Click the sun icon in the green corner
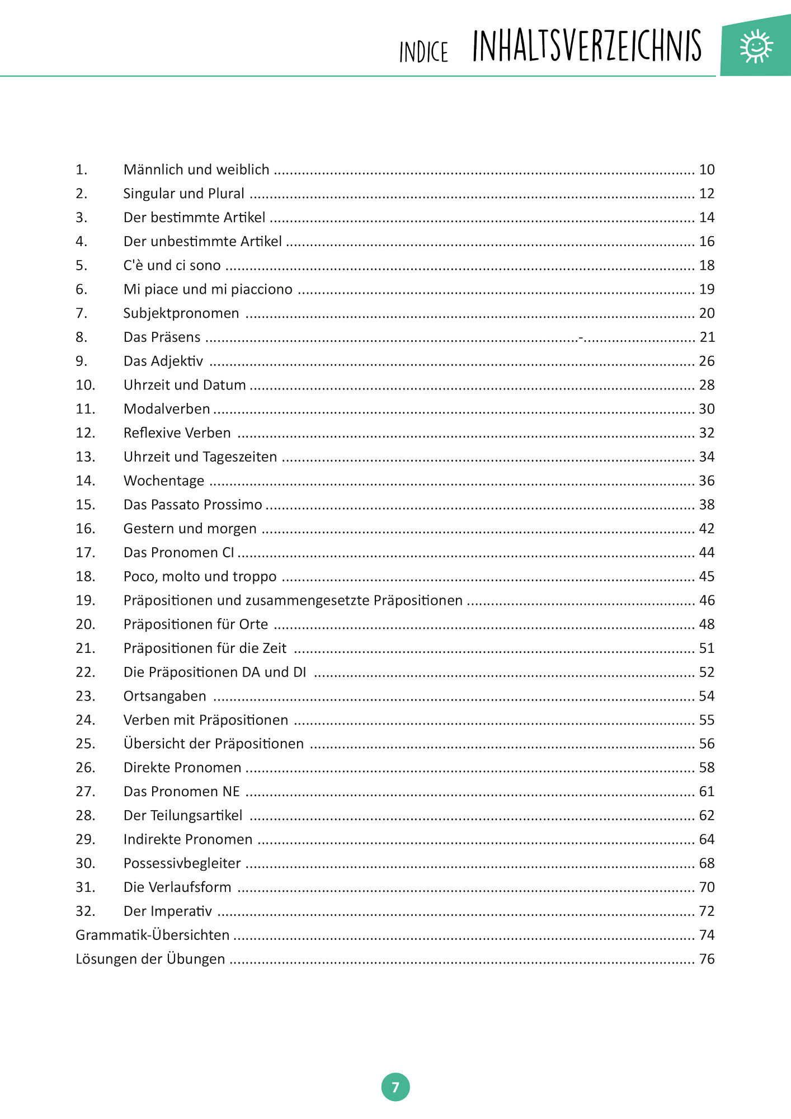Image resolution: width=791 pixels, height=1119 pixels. [756, 46]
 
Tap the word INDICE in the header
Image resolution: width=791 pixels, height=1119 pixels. [423, 52]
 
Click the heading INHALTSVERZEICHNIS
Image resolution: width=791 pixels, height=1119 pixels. [587, 46]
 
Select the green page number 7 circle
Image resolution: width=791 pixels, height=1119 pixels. [396, 1087]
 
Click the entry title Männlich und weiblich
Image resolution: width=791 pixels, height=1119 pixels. [196, 170]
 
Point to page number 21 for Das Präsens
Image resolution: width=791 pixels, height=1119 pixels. [707, 337]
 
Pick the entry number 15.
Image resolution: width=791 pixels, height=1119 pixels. [86, 505]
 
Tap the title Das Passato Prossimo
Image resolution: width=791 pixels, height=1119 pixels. [192, 505]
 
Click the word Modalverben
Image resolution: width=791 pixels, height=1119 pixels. [167, 409]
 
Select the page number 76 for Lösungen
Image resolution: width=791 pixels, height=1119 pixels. [707, 959]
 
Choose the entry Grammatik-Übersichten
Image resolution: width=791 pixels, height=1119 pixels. [153, 935]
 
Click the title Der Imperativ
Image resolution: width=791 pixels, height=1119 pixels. [168, 911]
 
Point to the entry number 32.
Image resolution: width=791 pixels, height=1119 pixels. [86, 911]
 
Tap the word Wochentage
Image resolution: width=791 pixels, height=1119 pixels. [164, 481]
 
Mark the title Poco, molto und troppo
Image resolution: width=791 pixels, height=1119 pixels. [200, 576]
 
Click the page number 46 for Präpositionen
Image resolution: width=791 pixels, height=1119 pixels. [707, 600]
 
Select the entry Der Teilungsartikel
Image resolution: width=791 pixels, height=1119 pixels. [183, 815]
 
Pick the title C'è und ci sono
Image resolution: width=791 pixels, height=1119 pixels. [172, 265]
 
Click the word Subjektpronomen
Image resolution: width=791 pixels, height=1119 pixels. [181, 313]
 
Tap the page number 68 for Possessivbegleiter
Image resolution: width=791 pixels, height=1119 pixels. [707, 863]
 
